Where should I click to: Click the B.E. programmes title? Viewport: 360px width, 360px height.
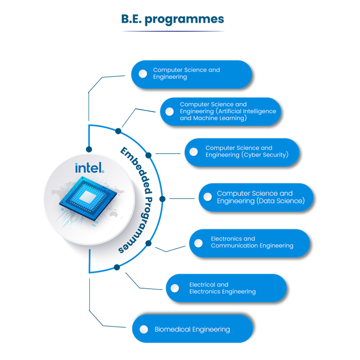173,19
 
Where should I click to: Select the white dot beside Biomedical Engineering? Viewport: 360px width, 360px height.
144,329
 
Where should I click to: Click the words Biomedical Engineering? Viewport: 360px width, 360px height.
192,329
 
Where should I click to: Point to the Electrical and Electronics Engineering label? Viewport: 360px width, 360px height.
222,288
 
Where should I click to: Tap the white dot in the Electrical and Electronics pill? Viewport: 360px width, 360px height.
175,288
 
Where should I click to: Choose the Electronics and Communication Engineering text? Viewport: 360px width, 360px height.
252,242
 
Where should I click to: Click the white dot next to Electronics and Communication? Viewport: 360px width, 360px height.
198,243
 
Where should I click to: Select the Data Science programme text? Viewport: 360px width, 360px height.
261,197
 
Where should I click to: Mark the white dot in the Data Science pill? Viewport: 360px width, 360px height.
207,197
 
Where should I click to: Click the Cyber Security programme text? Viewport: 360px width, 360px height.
247,151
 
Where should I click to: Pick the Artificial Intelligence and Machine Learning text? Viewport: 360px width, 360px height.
228,111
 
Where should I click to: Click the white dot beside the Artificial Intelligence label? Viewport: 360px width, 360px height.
170,112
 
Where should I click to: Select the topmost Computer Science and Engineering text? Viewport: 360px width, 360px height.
186,73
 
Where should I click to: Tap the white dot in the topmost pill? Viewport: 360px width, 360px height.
142,74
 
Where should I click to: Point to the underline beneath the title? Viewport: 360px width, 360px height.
173,31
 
